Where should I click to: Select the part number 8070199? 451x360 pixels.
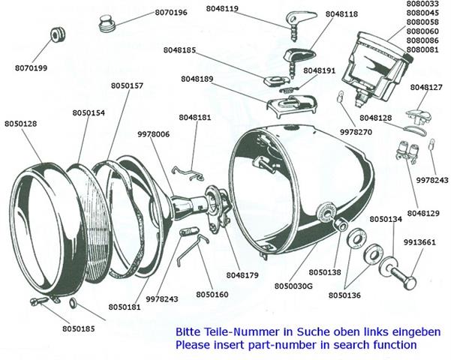click(30, 68)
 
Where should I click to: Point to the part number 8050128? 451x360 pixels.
click(21, 123)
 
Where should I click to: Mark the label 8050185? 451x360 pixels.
click(79, 328)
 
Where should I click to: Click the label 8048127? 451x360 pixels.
click(425, 88)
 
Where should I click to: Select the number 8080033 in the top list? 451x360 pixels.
click(420, 5)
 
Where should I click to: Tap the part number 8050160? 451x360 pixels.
click(212, 294)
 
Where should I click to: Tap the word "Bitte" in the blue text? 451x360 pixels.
click(188, 331)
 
